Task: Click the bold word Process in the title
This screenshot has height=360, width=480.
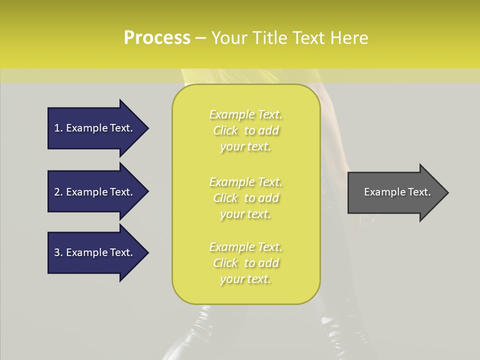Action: (x=157, y=38)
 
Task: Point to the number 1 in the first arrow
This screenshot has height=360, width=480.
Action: (x=57, y=128)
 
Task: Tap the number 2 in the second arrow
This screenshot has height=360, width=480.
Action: (x=57, y=192)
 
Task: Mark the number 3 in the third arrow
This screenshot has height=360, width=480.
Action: (x=57, y=252)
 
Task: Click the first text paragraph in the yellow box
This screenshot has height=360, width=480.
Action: (x=245, y=130)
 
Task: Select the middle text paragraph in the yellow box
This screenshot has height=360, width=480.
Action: (x=245, y=197)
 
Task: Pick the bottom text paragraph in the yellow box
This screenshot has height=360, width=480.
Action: (x=245, y=263)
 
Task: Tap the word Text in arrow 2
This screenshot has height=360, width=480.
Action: (x=121, y=192)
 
